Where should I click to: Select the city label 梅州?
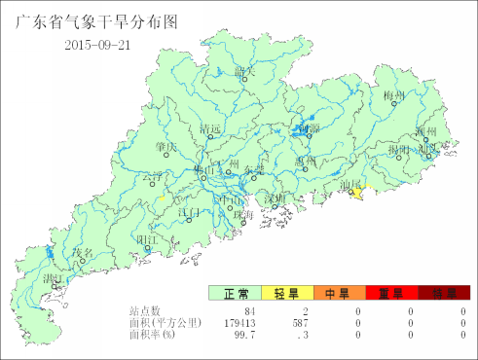393,95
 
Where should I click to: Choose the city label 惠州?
306,162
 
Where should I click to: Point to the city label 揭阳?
399,151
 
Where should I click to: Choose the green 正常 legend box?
235,293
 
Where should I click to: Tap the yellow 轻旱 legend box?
287,293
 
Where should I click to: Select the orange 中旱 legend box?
339,293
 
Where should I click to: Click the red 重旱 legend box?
391,293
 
